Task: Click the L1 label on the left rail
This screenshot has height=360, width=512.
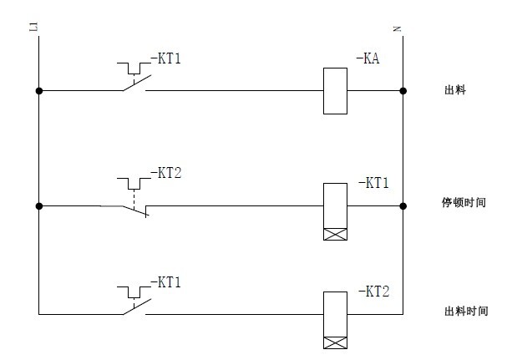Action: (34, 29)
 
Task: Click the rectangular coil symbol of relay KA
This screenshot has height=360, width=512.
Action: (335, 90)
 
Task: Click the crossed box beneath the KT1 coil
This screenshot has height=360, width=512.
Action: (335, 234)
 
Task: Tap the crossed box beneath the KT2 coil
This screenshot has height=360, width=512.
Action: (335, 342)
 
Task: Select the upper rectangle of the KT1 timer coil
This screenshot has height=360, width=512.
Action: (335, 204)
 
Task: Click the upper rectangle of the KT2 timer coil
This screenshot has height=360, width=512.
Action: (335, 313)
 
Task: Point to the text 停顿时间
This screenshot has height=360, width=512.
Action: (464, 202)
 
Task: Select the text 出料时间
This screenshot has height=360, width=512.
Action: (464, 311)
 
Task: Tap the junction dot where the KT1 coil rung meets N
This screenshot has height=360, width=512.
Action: (403, 205)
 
